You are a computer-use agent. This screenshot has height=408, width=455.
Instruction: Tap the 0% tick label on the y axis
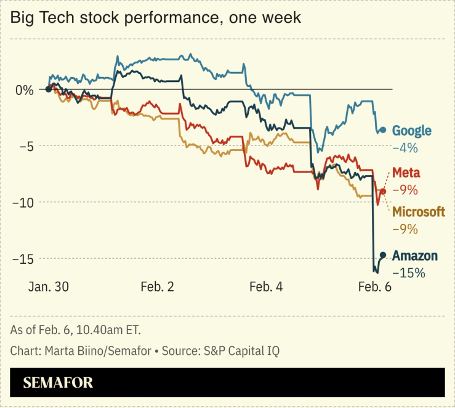coord(25,90)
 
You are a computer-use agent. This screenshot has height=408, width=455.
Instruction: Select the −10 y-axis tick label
coord(22,202)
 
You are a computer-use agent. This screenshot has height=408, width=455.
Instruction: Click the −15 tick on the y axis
coord(22,258)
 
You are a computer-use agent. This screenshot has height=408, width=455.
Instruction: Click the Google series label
coord(411,131)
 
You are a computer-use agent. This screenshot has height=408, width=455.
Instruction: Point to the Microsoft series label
coord(419,212)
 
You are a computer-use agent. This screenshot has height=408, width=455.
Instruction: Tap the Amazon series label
coord(415,256)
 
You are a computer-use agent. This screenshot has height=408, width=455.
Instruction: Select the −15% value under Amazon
coord(408,272)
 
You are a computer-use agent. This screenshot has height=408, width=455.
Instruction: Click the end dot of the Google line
coord(383,130)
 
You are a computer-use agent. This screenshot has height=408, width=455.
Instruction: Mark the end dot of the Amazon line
coord(383,255)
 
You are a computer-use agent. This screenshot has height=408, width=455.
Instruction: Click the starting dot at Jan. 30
coord(48,89)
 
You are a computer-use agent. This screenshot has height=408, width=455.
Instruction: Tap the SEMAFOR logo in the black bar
coord(58,383)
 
